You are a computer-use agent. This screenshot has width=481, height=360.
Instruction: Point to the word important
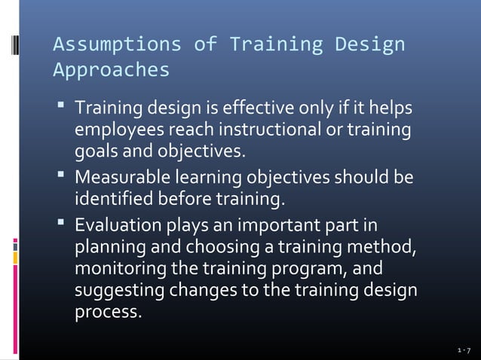278,227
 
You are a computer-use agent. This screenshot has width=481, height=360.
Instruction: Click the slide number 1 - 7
464,351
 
